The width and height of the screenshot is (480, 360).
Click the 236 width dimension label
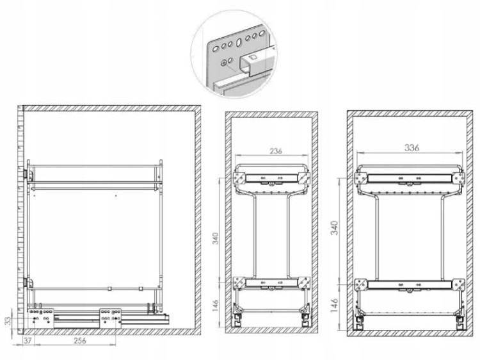pyautogui.click(x=276, y=151)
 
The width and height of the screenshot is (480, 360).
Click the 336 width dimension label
pyautogui.click(x=412, y=148)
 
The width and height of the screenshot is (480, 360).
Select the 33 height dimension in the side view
pyautogui.click(x=8, y=320)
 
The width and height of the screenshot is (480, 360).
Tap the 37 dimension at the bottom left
pyautogui.click(x=28, y=340)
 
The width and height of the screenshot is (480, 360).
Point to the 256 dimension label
pyautogui.click(x=79, y=340)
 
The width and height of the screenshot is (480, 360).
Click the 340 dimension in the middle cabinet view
pyautogui.click(x=216, y=238)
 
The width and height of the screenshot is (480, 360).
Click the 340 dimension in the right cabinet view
pyautogui.click(x=335, y=227)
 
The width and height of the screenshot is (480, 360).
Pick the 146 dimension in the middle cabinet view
pyautogui.click(x=216, y=306)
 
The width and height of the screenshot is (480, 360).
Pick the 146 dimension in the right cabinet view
pyautogui.click(x=335, y=305)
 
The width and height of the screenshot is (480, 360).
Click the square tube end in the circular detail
pyautogui.click(x=247, y=64)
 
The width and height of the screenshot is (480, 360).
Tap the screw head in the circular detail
pyautogui.click(x=225, y=63)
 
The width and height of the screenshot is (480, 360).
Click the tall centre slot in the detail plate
pyautogui.click(x=239, y=42)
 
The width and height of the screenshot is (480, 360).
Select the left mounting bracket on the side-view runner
pyautogui.click(x=41, y=318)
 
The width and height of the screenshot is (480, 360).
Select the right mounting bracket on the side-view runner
pyautogui.click(x=110, y=318)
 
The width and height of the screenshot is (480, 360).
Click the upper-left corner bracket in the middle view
pyautogui.click(x=239, y=178)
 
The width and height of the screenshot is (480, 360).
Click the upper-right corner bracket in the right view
pyautogui.click(x=458, y=178)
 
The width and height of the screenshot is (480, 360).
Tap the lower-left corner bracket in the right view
pyautogui.click(x=361, y=284)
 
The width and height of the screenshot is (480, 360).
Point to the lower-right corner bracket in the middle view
pyautogui.click(x=303, y=282)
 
